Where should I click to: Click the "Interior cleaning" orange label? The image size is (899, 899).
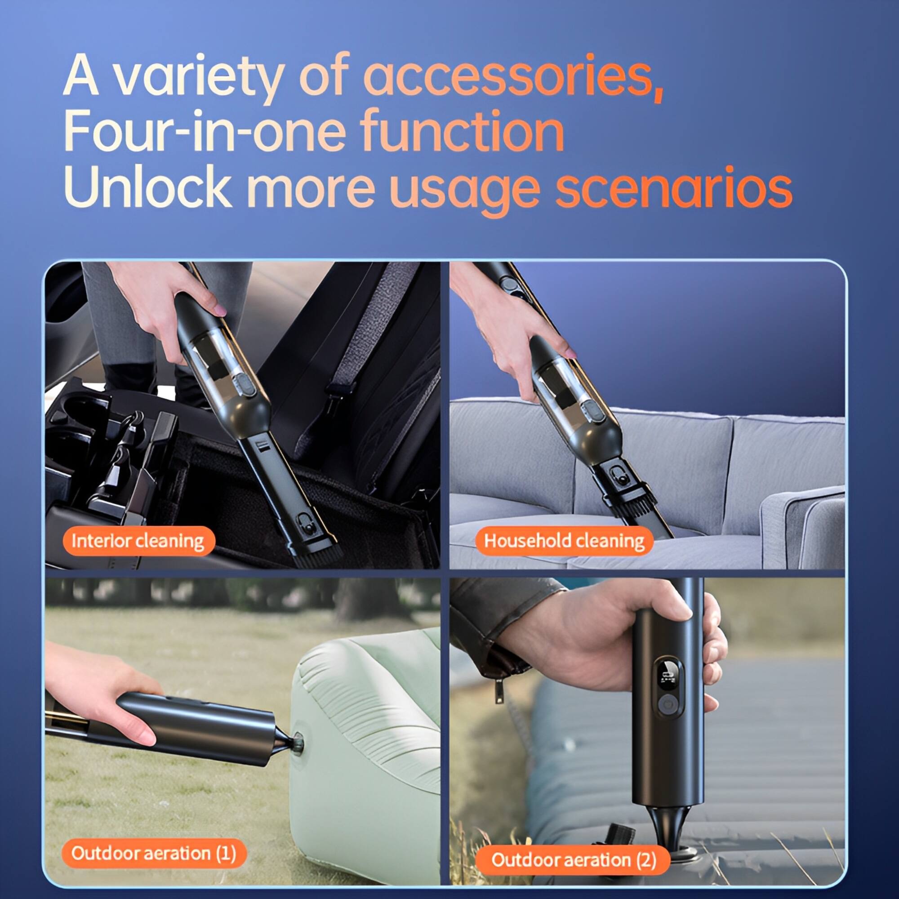tap(138, 541)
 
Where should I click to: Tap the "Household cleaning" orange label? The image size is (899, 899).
tap(564, 541)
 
